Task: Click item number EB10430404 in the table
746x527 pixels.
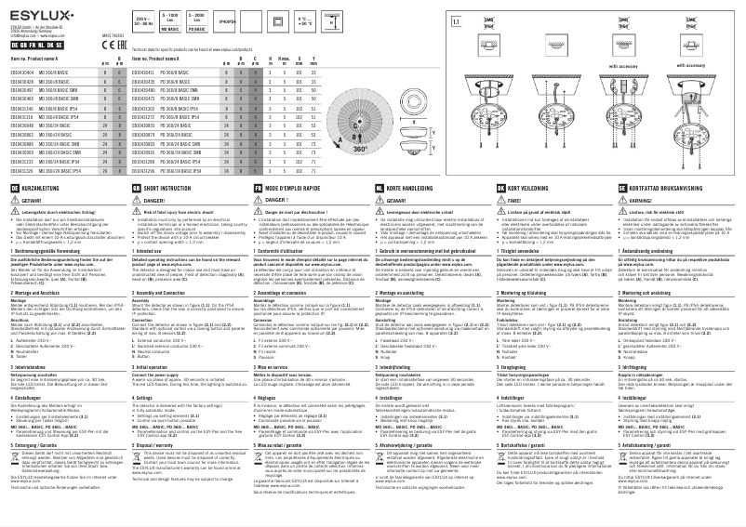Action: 20,72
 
